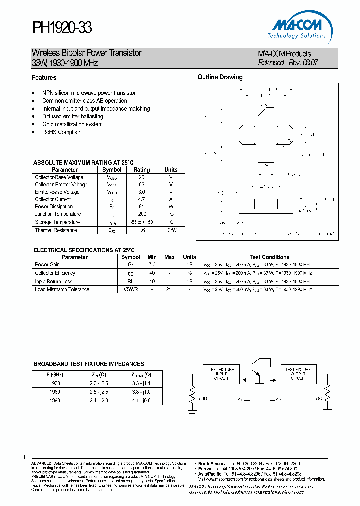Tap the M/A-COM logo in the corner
pos(299,27)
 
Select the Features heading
pos(44,78)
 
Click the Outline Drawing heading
pos(220,77)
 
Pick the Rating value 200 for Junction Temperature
pos(142,214)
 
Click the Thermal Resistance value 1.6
pos(142,230)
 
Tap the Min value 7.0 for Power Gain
pos(152,264)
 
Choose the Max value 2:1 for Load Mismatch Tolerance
pos(169,289)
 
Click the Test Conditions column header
pos(269,257)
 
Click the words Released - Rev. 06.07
pos(288,63)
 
